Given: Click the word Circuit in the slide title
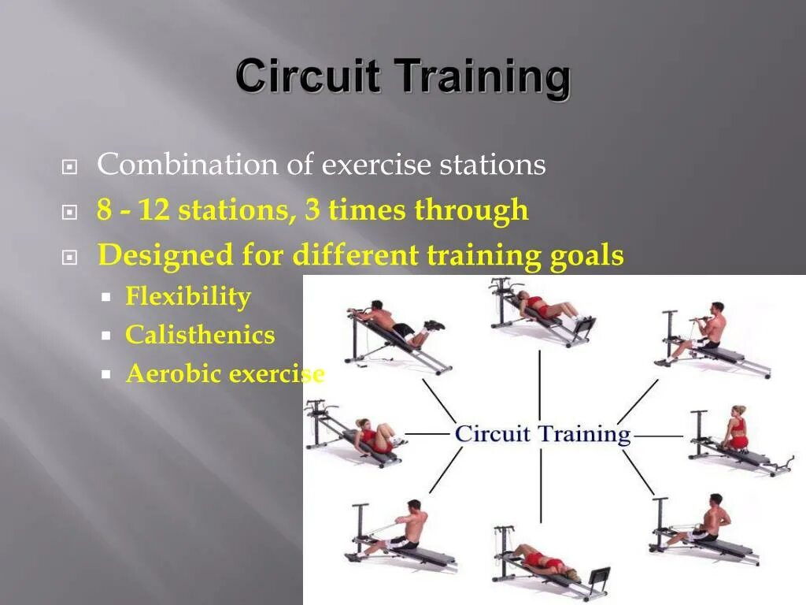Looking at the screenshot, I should coord(308,77).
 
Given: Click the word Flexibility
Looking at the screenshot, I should coord(188,297).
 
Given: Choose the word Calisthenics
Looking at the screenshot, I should coord(200,336).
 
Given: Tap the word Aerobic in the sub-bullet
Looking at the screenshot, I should coord(173,374).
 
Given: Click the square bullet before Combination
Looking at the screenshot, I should coord(69,168).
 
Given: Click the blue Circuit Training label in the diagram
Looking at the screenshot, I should coord(542,434).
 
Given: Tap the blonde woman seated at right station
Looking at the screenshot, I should coord(735,432).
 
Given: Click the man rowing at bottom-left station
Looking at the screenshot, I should coord(405,528).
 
